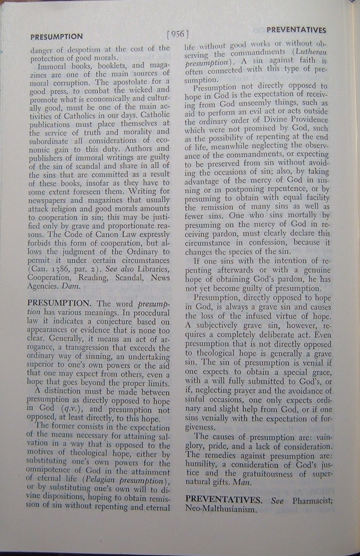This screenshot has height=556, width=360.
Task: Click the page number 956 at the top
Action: pyautogui.click(x=177, y=35)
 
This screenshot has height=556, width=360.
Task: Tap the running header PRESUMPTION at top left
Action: pyautogui.click(x=57, y=37)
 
